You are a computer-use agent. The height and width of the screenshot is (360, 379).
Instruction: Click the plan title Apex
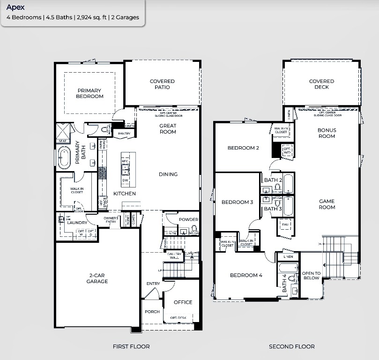pyautogui.click(x=15, y=7)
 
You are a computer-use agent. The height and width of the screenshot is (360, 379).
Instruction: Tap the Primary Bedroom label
pyautogui.click(x=89, y=93)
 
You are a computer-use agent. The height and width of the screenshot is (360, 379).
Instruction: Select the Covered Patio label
pyautogui.click(x=162, y=84)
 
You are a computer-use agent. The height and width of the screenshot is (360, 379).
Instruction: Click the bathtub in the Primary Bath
pyautogui.click(x=64, y=157)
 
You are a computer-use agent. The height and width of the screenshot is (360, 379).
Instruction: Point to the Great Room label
pyautogui.click(x=168, y=129)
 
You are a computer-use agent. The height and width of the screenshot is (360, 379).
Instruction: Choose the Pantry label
pyautogui.click(x=124, y=134)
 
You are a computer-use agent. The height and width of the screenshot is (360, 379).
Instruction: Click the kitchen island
pyautogui.click(x=125, y=169)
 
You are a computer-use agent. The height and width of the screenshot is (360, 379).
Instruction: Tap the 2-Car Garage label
pyautogui.click(x=97, y=278)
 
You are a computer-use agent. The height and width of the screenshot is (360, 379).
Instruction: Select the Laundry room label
pyautogui.click(x=77, y=222)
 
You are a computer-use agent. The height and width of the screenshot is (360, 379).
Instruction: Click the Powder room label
pyautogui.click(x=188, y=219)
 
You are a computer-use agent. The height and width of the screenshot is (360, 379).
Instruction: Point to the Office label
pyautogui.click(x=183, y=302)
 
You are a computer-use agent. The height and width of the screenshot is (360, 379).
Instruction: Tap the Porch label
pyautogui.click(x=152, y=312)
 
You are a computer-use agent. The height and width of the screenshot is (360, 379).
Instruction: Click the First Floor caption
pyautogui.click(x=131, y=346)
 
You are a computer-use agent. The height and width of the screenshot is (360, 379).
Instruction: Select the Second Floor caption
pyautogui.click(x=291, y=346)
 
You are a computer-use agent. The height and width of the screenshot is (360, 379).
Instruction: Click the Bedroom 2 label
pyautogui.click(x=243, y=148)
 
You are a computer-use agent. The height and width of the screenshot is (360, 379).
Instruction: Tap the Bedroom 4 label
pyautogui.click(x=245, y=275)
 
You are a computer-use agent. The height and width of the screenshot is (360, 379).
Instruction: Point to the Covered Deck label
pyautogui.click(x=321, y=84)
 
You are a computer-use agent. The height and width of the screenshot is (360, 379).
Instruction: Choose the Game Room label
pyautogui.click(x=327, y=204)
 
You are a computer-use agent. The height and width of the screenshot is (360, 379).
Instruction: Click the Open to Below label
pyautogui.click(x=311, y=276)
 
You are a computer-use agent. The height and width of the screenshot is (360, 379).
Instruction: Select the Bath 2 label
pyautogui.click(x=273, y=180)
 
